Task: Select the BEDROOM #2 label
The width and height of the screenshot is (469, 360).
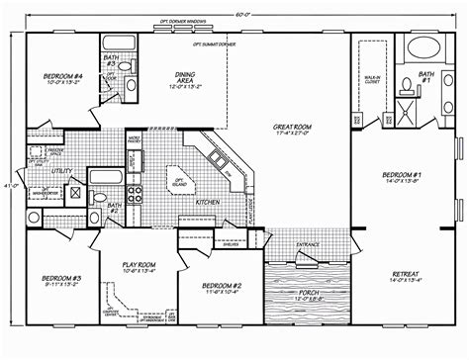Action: coord(208,284)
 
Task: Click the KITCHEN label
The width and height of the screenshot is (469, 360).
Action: coord(206,201)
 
